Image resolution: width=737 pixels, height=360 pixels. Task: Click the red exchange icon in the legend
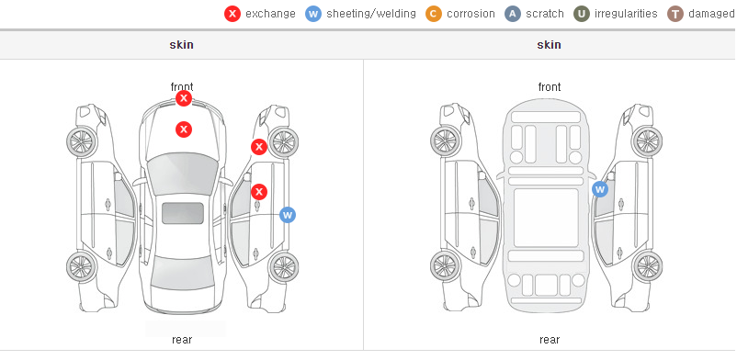coord(232,14)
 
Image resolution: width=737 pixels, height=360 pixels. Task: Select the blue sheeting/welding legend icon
coord(313,14)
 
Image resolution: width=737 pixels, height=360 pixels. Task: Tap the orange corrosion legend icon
coord(434,14)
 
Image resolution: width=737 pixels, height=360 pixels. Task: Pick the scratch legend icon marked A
coord(513,14)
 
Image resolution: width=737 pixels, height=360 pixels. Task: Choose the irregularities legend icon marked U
coord(582,14)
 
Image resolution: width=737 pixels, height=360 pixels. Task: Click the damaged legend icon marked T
coord(675,14)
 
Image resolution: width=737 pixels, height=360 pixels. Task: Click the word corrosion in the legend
coord(471,14)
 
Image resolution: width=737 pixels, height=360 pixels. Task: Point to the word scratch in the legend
coord(545,14)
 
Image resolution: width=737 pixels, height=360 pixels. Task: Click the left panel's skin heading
coord(181,45)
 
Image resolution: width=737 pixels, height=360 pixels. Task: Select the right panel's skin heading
coord(549,45)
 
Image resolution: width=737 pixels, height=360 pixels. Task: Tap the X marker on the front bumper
coord(184,98)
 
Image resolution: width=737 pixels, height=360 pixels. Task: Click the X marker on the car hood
coord(184,129)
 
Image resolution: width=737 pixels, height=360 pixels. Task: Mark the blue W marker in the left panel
coord(288,215)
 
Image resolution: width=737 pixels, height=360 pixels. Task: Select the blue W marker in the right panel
coord(600,189)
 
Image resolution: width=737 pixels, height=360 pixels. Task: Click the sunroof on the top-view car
coord(183,213)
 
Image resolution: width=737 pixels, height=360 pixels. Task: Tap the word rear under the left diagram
coord(182,339)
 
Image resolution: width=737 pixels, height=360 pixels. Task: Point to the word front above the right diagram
coord(550,87)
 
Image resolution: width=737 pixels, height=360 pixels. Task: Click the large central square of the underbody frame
coord(546,218)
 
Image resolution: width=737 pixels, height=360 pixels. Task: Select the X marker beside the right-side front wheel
coord(259,147)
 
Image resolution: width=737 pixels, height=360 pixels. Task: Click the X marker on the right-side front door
coord(259,191)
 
